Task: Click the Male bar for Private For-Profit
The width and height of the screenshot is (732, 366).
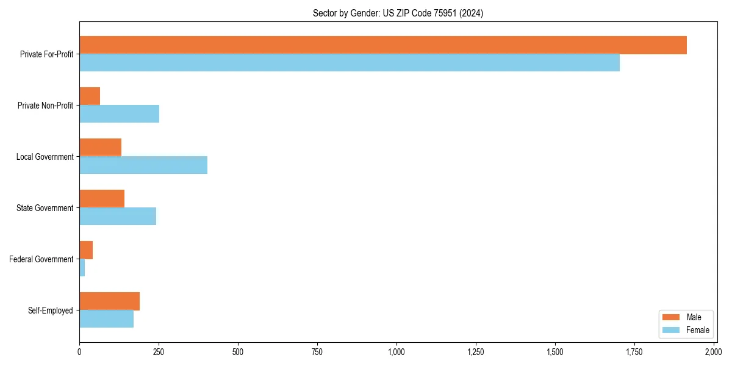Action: tap(383, 45)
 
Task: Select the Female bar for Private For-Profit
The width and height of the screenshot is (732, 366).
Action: tap(350, 63)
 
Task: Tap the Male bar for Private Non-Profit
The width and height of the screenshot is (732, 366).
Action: tap(90, 96)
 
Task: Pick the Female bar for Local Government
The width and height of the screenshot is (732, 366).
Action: tap(143, 165)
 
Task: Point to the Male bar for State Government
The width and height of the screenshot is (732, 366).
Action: tap(102, 199)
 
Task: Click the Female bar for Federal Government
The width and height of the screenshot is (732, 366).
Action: tap(82, 268)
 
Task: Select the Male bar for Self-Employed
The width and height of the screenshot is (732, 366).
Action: tap(110, 301)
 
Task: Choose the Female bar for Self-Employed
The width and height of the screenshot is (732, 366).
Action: tap(107, 319)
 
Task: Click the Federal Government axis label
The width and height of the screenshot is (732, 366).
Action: tap(41, 259)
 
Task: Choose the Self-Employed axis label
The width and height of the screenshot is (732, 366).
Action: tap(51, 310)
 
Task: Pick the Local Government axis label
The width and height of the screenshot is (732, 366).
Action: tap(45, 157)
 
